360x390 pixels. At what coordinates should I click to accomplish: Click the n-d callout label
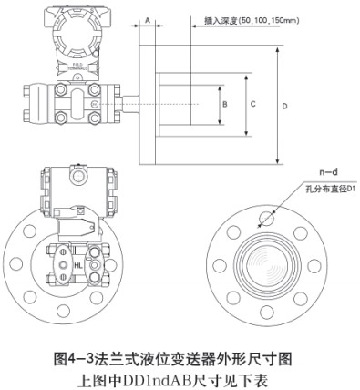coord(314,173)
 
